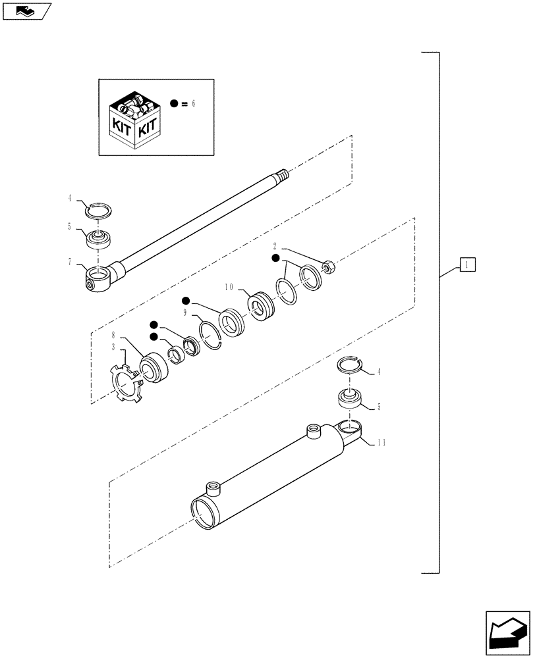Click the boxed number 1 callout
click(x=466, y=265)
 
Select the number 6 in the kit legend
click(x=194, y=104)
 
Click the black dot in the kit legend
click(x=174, y=104)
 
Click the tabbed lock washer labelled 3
click(x=123, y=384)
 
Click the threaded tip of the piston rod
click(x=282, y=176)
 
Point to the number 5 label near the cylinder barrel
click(x=380, y=407)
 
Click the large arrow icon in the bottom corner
click(x=507, y=630)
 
